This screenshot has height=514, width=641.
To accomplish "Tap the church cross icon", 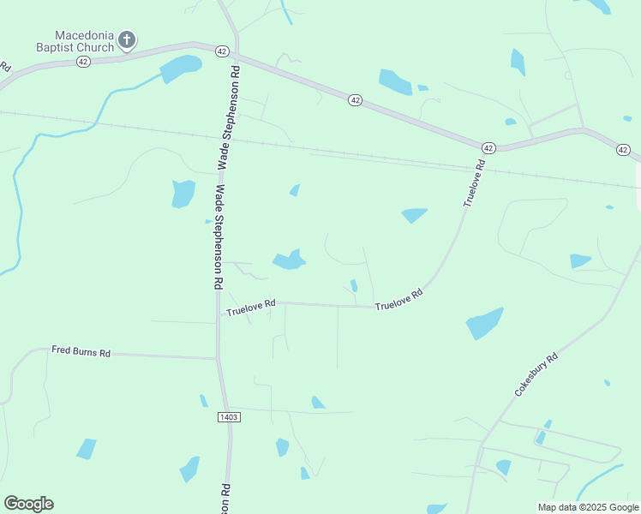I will (x=127, y=39).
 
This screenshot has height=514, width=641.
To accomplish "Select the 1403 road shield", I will (x=229, y=416).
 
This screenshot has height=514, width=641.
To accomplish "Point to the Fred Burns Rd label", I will (x=81, y=352).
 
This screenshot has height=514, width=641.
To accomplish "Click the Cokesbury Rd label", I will (x=536, y=374).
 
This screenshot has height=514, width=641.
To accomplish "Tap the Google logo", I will (x=28, y=504).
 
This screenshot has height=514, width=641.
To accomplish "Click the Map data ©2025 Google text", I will (x=588, y=507).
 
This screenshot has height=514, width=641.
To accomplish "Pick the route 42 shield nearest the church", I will (x=83, y=62).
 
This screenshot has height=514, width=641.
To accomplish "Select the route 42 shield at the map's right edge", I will (x=623, y=150).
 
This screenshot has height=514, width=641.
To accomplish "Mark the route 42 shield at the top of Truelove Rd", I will (x=488, y=148).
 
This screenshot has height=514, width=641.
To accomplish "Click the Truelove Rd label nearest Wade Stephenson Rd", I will (x=251, y=305).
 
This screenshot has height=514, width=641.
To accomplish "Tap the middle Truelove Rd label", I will (x=399, y=300).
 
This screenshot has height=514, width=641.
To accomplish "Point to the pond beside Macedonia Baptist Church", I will (x=181, y=67).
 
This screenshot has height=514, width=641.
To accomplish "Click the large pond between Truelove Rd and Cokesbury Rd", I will (x=484, y=323).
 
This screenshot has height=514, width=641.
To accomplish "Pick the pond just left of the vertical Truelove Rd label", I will (x=414, y=215).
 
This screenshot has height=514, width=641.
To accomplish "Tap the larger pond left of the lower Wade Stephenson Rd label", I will (x=183, y=194).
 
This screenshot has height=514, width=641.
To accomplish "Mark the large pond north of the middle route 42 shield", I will (x=395, y=81).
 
